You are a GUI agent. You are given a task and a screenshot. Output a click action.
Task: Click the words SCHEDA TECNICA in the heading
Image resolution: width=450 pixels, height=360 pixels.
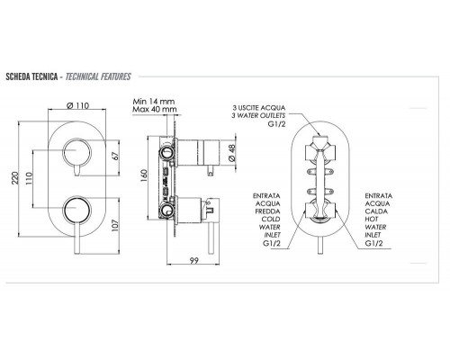[31, 76]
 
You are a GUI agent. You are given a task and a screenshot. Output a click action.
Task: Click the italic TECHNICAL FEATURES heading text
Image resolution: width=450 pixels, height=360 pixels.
[98, 76]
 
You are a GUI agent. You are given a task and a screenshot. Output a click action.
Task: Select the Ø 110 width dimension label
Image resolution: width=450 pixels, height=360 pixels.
[77, 105]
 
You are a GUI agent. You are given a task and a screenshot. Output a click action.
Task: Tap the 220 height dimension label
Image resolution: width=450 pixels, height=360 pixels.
[14, 178]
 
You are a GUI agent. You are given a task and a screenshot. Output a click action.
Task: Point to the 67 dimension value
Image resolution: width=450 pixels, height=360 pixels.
[116, 156]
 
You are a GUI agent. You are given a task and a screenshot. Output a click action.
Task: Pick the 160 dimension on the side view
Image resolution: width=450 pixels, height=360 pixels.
[144, 176]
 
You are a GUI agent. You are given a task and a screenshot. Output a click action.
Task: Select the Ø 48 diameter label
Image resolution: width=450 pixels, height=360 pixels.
[232, 153]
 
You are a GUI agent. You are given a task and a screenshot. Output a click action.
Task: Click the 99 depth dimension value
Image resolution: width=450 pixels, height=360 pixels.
[194, 261]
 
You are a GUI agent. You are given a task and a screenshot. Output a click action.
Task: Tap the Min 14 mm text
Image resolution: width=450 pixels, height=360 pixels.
[154, 101]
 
